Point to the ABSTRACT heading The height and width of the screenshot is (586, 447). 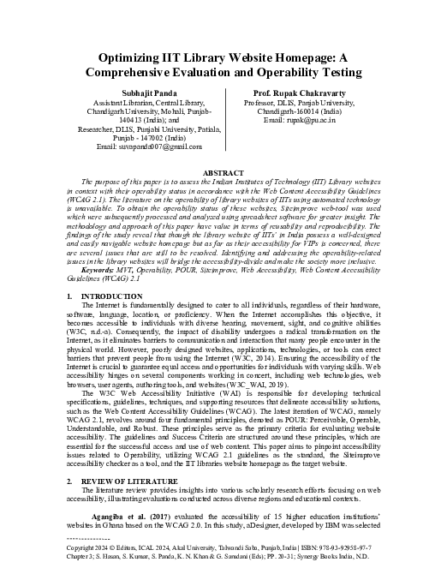click(223, 171)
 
